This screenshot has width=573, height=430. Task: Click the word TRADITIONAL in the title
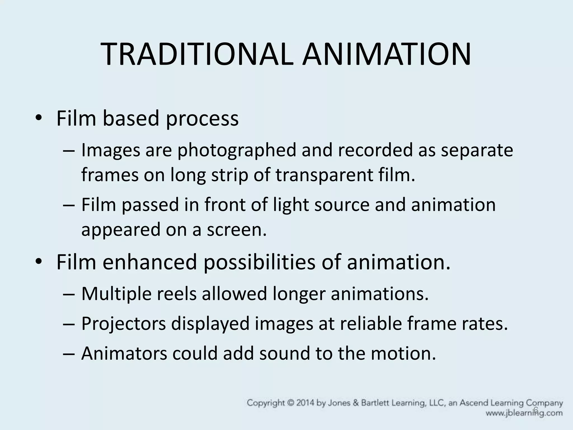point(198,55)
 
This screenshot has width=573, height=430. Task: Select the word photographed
point(237,150)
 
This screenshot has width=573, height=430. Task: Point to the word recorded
point(375,150)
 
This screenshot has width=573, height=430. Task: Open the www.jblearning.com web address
point(524,413)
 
